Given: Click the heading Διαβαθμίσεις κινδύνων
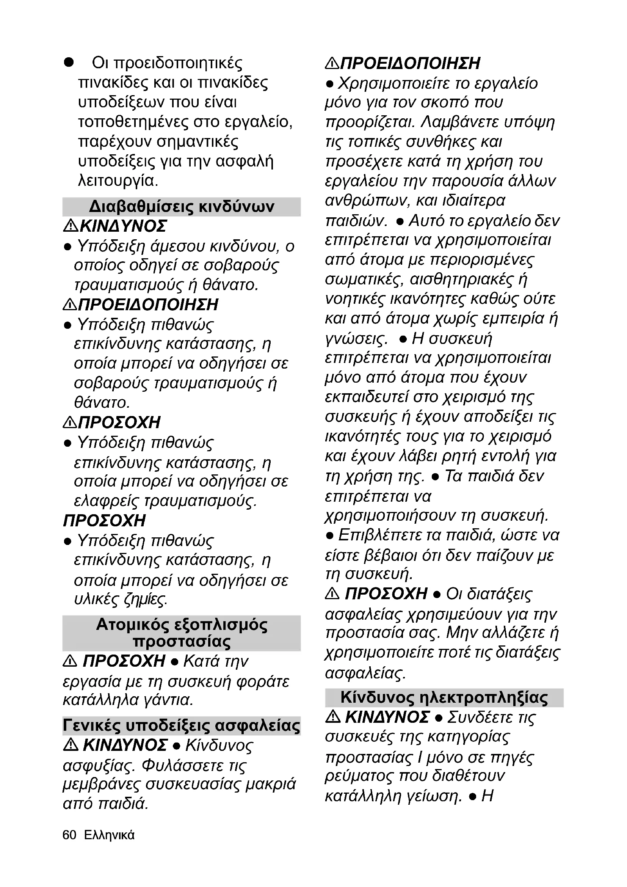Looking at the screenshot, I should pyautogui.click(x=182, y=207).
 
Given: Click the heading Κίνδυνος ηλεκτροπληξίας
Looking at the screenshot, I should pyautogui.click(x=444, y=697).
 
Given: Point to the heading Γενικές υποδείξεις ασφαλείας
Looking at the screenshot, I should pyautogui.click(x=182, y=725).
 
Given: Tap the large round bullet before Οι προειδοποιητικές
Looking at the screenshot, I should pyautogui.click(x=69, y=62).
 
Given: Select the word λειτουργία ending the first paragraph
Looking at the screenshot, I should pyautogui.click(x=118, y=181).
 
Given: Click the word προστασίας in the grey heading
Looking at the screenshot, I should pyautogui.click(x=182, y=642).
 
